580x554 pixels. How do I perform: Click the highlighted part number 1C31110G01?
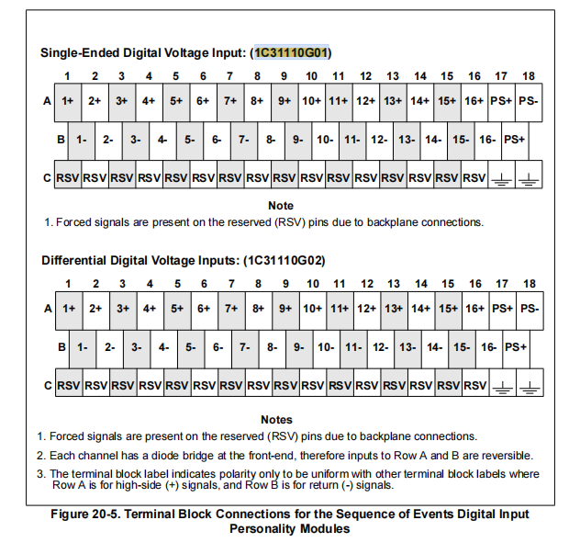point(293,52)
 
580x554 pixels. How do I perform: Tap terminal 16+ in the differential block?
point(474,309)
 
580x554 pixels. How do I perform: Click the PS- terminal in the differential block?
point(529,309)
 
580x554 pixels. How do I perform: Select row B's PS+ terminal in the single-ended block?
point(515,140)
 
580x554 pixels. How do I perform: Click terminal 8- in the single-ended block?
point(271,140)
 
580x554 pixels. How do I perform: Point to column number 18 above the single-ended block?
point(530,76)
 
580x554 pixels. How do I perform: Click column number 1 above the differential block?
point(68,284)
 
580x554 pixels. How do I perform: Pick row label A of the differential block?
point(47,309)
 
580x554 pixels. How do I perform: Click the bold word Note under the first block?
point(281,206)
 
